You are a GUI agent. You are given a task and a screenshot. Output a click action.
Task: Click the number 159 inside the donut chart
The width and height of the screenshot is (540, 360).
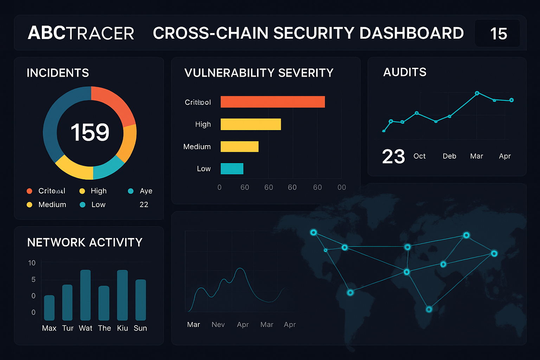[x=90, y=133]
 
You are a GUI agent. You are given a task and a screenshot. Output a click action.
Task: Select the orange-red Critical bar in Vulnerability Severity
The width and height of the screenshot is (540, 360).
[x=272, y=102]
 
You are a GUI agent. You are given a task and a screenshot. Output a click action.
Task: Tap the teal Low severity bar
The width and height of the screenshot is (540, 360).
[x=232, y=169]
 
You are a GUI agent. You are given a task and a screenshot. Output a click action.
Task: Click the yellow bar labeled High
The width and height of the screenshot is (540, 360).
[x=251, y=124]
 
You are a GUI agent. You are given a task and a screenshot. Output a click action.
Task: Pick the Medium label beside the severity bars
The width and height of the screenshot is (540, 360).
[x=197, y=147]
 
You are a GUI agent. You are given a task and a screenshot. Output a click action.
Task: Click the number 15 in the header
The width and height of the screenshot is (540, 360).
[x=498, y=34]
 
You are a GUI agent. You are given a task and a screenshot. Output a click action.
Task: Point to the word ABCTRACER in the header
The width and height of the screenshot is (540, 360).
[x=81, y=33]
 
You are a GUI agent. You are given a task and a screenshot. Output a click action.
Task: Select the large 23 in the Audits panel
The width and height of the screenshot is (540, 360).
[x=393, y=156]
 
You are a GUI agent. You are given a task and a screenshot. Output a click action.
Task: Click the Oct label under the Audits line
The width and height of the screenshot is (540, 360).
[x=419, y=156]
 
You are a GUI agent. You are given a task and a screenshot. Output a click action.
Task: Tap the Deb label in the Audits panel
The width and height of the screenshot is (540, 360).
[x=449, y=156]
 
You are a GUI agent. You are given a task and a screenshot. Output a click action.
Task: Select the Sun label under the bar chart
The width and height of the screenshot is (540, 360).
[x=140, y=328]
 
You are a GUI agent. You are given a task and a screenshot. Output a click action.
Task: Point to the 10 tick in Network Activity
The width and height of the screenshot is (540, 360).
[x=32, y=263]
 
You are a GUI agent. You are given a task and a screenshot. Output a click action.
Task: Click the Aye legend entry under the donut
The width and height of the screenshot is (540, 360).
[x=146, y=191]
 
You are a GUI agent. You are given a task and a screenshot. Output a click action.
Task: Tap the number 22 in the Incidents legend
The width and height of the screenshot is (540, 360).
[x=144, y=205]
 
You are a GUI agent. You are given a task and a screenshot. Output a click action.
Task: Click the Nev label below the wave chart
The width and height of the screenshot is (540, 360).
[x=218, y=324]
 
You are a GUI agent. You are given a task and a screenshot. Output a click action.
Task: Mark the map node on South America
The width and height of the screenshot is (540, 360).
[x=350, y=292]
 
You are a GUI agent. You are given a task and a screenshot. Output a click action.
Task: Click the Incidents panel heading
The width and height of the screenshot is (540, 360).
[x=58, y=73]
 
